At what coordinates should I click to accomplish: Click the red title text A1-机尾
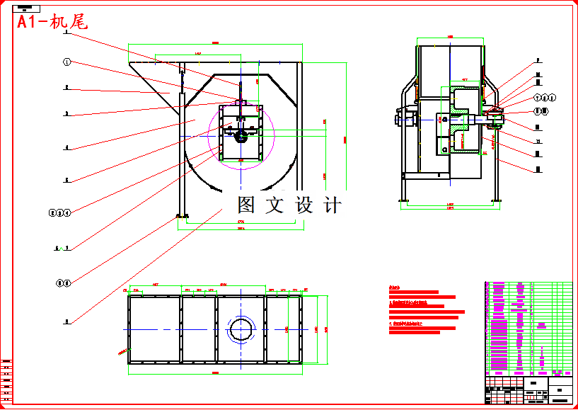[52, 23]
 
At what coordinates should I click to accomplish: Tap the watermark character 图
[245, 205]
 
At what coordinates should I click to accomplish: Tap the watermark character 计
[332, 205]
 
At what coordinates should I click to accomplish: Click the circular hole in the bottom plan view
[241, 330]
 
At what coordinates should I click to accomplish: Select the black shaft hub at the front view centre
[241, 137]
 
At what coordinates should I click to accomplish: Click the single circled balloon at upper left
[67, 62]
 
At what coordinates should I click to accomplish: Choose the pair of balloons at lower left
[63, 283]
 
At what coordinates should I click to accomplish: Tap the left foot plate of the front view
[182, 216]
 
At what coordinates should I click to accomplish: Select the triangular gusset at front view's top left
[152, 78]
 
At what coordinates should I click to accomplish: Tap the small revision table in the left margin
[6, 379]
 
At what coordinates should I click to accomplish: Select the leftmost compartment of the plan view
[155, 330]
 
